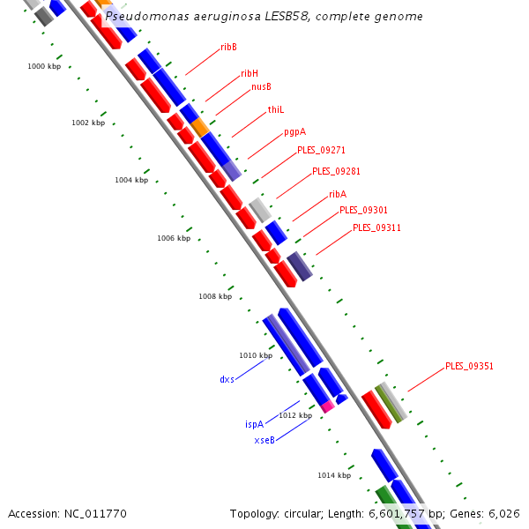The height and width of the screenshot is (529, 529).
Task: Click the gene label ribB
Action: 228,47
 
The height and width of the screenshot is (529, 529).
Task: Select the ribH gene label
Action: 250,74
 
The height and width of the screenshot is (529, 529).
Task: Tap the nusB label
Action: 261,86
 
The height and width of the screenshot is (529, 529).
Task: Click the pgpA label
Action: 294,132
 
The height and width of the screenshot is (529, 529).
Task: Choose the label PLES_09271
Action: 321,150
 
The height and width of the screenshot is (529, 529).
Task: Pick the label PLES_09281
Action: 336,171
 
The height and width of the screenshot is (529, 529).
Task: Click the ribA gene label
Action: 338,194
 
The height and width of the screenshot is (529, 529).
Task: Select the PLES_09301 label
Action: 363,210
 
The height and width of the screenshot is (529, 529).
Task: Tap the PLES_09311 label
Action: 376,227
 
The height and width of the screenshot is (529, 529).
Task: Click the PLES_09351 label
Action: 469,365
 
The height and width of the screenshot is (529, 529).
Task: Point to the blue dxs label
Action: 227,379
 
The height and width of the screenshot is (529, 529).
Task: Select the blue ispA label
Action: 254,424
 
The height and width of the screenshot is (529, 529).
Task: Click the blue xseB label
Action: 264,440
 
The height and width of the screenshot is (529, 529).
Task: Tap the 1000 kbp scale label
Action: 44,66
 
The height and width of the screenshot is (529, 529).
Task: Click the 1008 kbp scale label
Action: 215,297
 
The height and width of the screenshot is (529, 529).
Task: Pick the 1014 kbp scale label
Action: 334,475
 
